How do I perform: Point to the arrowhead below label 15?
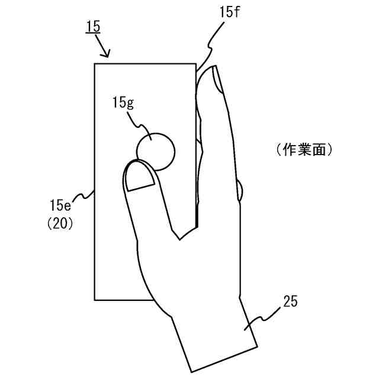pyautogui.click(x=107, y=55)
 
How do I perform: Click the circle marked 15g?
pyautogui.click(x=156, y=148)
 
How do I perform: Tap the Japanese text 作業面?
pyautogui.click(x=304, y=150)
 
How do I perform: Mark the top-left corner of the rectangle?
pyautogui.click(x=95, y=63)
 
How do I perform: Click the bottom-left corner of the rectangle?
pyautogui.click(x=95, y=300)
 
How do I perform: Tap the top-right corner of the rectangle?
pyautogui.click(x=195, y=63)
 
